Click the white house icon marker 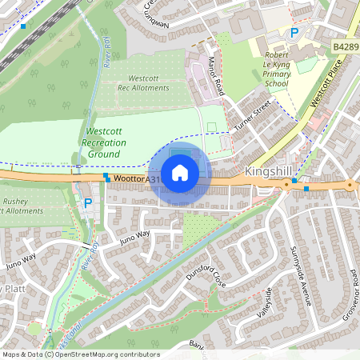[x=180, y=172]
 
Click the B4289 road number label [x=346, y=48]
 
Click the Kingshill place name [x=270, y=172]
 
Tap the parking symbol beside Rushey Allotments [x=87, y=204]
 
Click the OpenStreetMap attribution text [x=80, y=354]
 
